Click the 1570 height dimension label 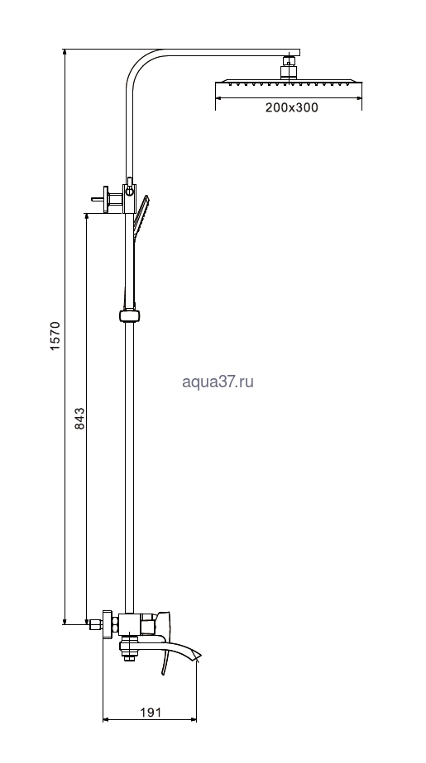click(x=55, y=335)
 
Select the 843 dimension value click(x=79, y=419)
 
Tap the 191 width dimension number click(x=151, y=713)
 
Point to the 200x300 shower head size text click(x=291, y=107)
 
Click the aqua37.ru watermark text click(x=218, y=382)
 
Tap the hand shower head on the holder click(x=141, y=216)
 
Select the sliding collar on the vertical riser click(x=130, y=315)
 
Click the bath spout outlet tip click(x=198, y=657)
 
